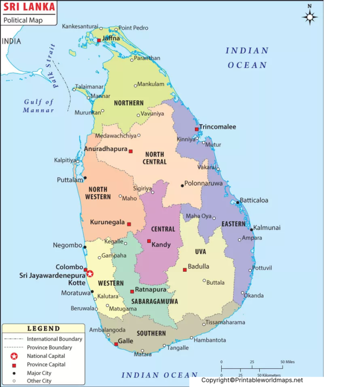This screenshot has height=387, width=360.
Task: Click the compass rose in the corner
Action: point(310,17)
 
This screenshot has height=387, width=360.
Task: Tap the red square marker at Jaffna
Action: point(99,40)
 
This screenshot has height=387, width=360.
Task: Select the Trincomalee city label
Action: point(217,127)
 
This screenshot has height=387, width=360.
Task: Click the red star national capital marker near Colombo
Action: point(90,273)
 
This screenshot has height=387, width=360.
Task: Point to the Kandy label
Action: point(161,245)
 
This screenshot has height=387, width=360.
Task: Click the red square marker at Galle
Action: point(116,344)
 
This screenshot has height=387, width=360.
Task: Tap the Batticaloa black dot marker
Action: point(238,203)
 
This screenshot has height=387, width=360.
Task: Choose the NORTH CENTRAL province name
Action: point(155,158)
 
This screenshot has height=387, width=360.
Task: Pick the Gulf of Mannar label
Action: point(39,106)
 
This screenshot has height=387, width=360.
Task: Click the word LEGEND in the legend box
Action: point(44,328)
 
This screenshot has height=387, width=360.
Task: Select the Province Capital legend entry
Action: point(46,364)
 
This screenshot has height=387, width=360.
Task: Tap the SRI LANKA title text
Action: point(29,8)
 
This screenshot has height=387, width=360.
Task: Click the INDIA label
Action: point(11,41)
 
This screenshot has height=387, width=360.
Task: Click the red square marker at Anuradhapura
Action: point(131,151)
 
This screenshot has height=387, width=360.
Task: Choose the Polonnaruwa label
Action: point(203,183)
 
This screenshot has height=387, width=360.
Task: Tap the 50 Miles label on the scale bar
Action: point(288,362)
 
